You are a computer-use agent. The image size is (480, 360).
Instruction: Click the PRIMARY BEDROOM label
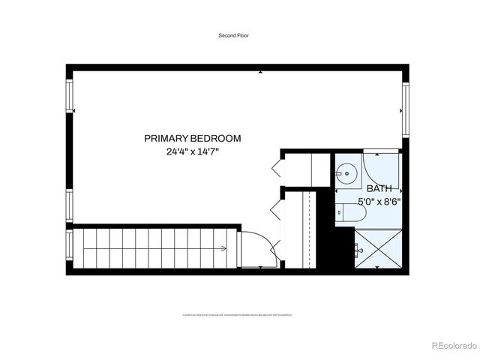193,138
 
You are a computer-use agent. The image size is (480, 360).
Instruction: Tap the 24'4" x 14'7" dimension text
193,151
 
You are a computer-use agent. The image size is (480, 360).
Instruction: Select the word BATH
378,188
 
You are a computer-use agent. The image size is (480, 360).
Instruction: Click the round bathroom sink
346,175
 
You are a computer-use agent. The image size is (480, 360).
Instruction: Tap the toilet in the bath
351,212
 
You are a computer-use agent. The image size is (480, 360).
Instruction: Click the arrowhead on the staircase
225,248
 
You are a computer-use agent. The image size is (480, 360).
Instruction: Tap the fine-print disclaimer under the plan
236,316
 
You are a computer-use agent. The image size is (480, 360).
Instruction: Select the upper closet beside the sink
307,168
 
